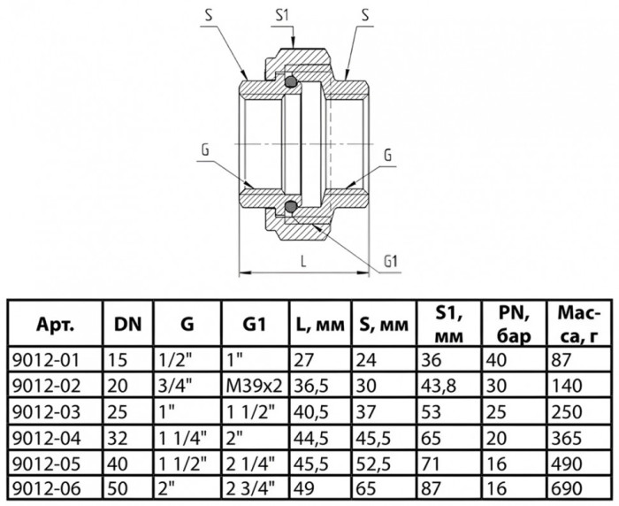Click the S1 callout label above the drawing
[x=282, y=15]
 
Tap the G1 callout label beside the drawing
[x=390, y=261]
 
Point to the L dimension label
[x=303, y=261]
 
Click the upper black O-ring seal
[x=291, y=81]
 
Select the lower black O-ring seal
[x=291, y=206]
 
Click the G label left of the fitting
[x=205, y=150]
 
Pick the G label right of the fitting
[x=387, y=156]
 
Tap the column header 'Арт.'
[x=55, y=325]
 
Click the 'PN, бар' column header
[x=513, y=325]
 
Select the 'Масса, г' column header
[x=578, y=325]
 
